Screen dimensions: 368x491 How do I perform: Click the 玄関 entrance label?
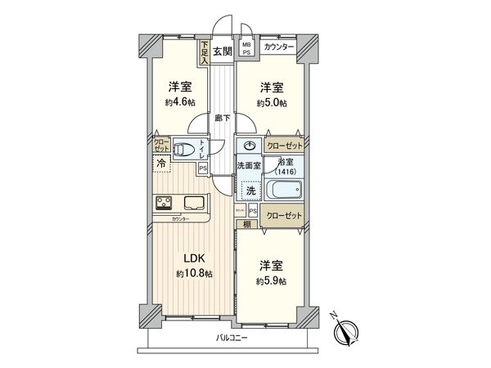coord(222,51)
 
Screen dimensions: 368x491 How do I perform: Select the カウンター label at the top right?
coord(280,47)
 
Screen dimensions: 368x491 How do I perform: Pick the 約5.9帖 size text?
coord(272,281)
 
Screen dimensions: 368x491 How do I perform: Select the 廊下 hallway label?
coord(221,119)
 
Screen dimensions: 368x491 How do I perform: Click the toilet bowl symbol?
coord(187,150)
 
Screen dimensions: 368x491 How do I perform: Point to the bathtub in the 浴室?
coord(282,195)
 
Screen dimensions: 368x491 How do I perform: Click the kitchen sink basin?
coord(196,204)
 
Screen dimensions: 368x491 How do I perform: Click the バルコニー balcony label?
coord(232,337)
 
